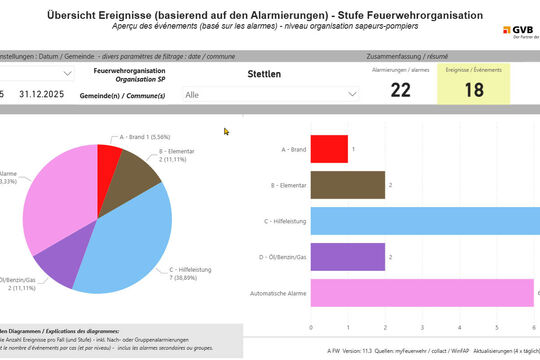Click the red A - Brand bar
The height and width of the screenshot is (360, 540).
click(329, 149)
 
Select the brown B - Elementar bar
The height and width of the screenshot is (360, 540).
click(348, 185)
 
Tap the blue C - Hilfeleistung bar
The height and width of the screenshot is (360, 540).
click(425, 221)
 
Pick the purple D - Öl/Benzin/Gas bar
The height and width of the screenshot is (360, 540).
click(348, 257)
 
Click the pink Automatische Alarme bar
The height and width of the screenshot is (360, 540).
click(422, 293)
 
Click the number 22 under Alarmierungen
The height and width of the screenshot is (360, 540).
click(400, 90)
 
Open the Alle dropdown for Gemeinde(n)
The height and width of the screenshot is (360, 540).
click(270, 93)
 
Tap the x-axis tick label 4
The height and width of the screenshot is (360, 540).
click(460, 327)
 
